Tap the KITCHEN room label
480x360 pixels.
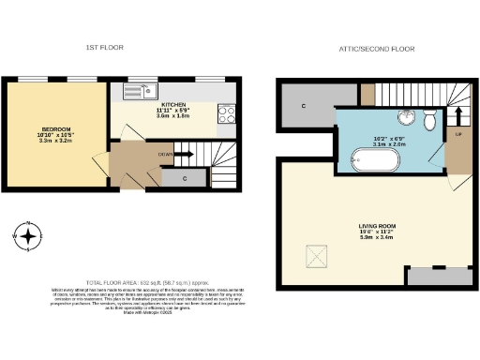coord(173,105)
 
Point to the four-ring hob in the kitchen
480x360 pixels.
coord(227,114)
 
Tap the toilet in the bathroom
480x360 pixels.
coord(429,121)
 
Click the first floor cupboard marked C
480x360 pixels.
coord(184,176)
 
